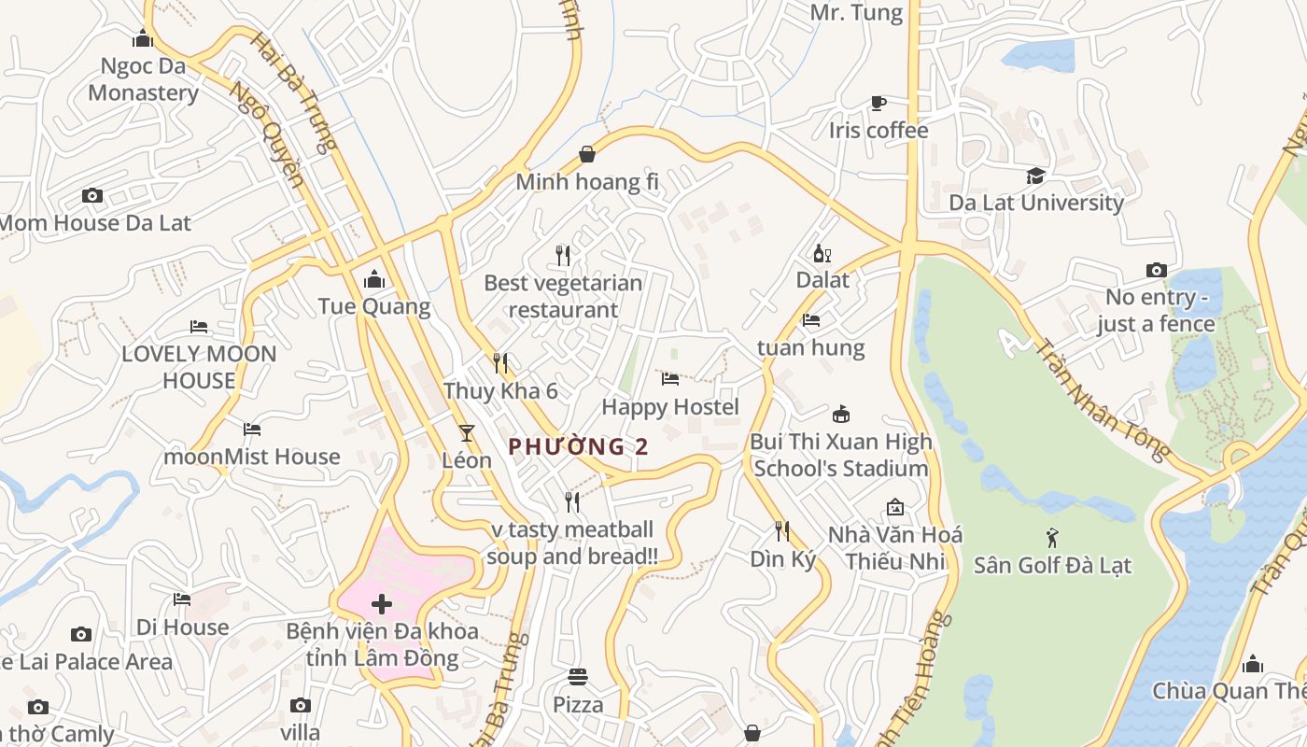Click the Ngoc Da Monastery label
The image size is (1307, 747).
click(143, 79)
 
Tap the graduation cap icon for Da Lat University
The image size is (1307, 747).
click(1035, 176)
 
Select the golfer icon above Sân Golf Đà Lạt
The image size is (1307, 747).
click(1053, 538)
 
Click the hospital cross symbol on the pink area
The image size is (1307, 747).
click(382, 604)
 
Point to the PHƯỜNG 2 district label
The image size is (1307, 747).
click(578, 446)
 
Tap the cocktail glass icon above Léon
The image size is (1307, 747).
click(467, 433)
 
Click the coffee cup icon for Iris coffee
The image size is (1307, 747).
click(878, 103)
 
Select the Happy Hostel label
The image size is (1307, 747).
click(670, 407)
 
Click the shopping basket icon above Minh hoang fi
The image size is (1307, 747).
click(587, 154)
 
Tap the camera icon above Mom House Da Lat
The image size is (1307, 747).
click(91, 195)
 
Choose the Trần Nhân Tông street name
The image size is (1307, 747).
click(1102, 399)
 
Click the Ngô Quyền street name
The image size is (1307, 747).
click(267, 134)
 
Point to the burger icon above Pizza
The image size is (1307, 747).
click(578, 677)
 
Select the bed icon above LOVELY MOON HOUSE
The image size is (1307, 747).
click(199, 327)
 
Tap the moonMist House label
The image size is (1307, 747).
click(252, 457)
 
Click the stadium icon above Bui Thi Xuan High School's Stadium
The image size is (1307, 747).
click(841, 415)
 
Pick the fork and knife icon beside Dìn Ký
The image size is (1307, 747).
click(782, 531)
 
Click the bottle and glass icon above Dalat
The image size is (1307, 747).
click(822, 253)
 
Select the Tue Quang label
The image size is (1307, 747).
click(374, 306)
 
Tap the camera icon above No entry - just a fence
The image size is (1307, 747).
click(1157, 271)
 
